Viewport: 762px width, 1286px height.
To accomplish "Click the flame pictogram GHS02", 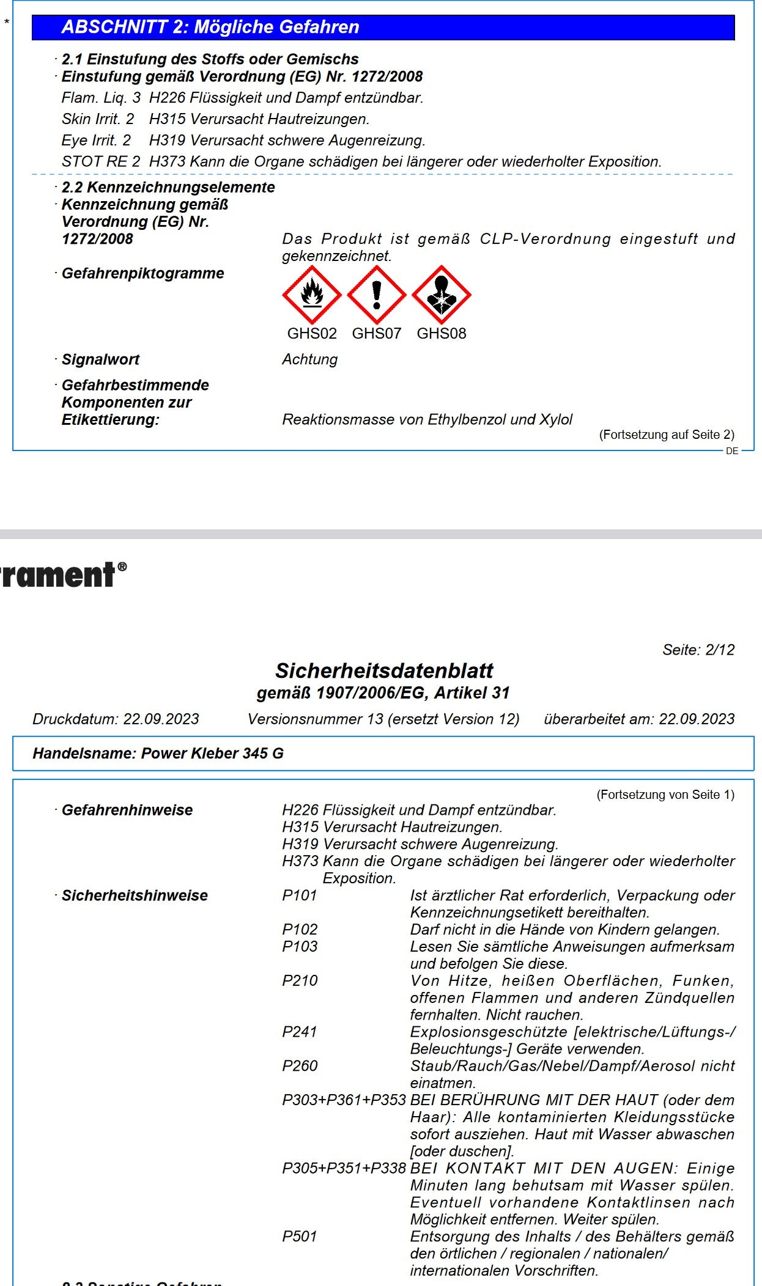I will pos(312,295).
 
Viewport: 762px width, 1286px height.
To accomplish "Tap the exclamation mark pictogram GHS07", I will pos(377,295).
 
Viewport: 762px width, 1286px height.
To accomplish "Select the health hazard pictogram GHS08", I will pos(442,295).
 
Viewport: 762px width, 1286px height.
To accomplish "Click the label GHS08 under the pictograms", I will pos(442,334).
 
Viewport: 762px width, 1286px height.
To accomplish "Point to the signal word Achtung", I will pos(309,359).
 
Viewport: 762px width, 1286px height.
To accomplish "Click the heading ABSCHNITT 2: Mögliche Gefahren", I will pos(210,27).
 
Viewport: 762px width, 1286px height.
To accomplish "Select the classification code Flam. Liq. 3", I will pos(101,98).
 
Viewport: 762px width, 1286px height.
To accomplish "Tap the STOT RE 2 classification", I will pos(101,162).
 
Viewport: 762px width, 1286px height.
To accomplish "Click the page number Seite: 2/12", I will pos(698,650).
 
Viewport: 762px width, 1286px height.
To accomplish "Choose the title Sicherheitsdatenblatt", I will pos(384,671).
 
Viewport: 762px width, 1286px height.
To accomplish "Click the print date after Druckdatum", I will pos(161,719).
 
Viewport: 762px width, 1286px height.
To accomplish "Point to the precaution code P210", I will pos(300,981).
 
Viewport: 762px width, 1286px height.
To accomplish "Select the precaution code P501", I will pos(300,1236).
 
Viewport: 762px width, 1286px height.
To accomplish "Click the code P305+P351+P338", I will pos(344,1168).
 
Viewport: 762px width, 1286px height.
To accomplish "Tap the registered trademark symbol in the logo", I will pos(122,567).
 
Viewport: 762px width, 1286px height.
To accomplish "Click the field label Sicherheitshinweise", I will pos(135,895).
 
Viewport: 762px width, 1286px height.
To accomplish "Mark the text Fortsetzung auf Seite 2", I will pos(667,435).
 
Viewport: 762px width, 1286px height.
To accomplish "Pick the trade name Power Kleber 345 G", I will pos(212,754).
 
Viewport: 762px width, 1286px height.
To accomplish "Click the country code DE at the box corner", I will pos(732,451).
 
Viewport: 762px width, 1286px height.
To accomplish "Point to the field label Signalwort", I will pos(101,359).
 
